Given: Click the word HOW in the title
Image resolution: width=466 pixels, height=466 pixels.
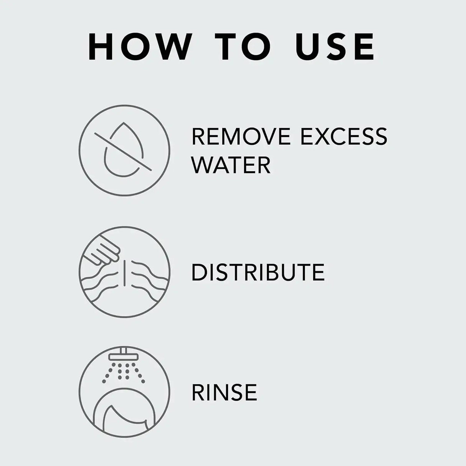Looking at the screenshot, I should click(139, 47).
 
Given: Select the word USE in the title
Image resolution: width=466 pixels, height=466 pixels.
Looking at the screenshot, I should click(335, 47).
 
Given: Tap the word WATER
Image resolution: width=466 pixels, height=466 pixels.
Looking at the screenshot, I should click(231, 165).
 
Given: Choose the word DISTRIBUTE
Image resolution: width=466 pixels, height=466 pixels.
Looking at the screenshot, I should click(258, 272).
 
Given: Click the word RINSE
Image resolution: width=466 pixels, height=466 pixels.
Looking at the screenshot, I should click(224, 392).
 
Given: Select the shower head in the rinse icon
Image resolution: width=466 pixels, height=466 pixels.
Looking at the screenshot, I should click(124, 355).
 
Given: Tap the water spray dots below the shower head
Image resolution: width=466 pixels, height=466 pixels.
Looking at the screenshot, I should click(124, 372).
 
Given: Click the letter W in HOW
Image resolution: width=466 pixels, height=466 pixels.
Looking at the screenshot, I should click(172, 47).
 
